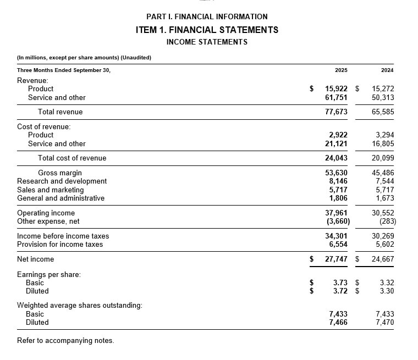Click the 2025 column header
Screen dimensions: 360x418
pos(340,70)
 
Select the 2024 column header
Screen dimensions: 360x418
pos(387,70)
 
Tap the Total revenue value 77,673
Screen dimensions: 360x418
pos(336,112)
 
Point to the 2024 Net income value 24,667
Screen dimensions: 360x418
pos(383,259)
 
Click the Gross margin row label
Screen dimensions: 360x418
pos(60,173)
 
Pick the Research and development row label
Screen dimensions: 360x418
pos(62,181)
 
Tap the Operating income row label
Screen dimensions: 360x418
pos(46,213)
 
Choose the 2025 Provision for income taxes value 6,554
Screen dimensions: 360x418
pos(338,245)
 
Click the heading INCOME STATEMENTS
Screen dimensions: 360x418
pos(207,42)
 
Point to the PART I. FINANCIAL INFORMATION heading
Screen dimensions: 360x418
pos(207,17)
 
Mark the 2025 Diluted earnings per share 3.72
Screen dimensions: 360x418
pos(340,291)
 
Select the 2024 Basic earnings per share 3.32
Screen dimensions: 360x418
pos(387,283)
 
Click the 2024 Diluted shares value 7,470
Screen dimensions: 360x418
pos(384,323)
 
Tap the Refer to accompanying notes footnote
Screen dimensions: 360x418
pos(65,341)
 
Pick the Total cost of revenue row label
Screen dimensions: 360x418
pos(72,158)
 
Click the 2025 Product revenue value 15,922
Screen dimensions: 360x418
pos(336,88)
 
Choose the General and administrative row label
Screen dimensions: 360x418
pos(61,198)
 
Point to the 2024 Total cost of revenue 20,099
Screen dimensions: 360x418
pos(383,158)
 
